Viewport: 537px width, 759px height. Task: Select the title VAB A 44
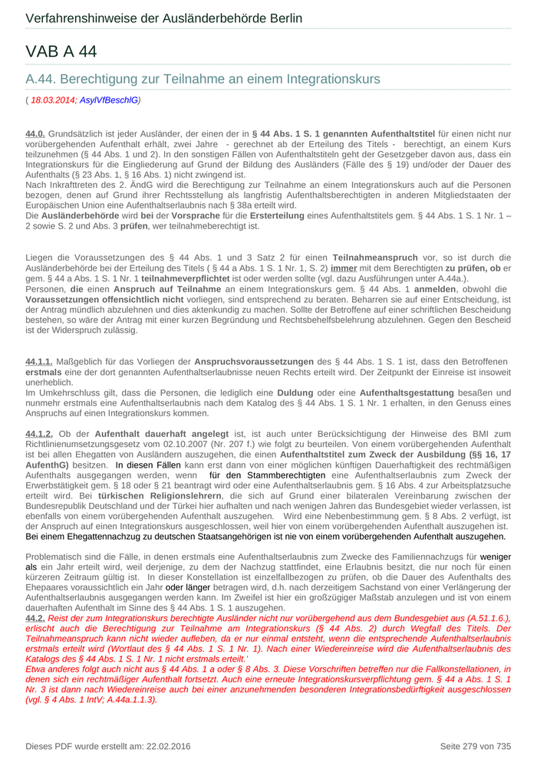(61, 51)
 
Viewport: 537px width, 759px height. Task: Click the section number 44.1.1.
(39, 361)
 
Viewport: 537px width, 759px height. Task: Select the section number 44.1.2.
(39, 434)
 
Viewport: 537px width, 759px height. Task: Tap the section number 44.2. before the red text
(35, 617)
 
